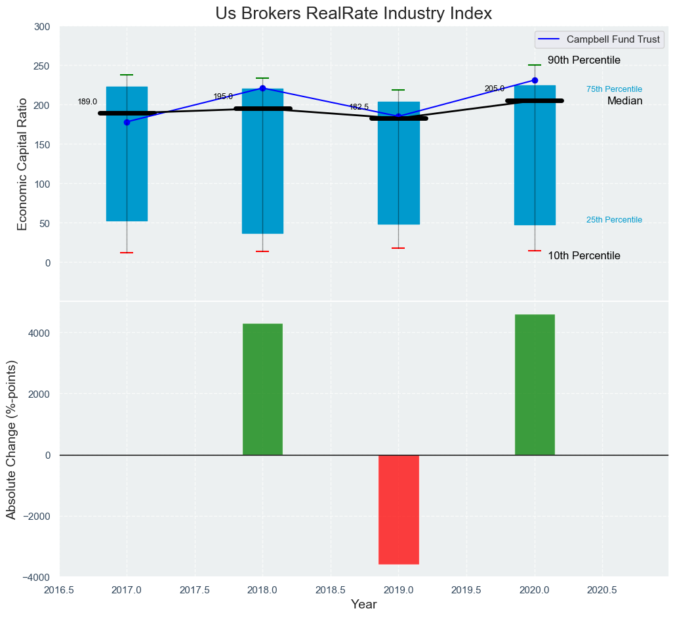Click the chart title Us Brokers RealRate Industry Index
pos(354,14)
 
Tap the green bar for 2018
pos(262,389)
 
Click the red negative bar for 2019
pos(398,509)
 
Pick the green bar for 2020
pos(535,385)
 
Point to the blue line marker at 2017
pos(127,122)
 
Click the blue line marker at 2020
pos(535,80)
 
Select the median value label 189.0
pos(87,102)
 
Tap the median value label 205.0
pos(495,89)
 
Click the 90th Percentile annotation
pos(584,60)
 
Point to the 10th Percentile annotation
pos(584,256)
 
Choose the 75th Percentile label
pos(614,89)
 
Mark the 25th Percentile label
pos(614,220)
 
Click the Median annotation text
pos(624,101)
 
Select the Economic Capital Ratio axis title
pos(23,164)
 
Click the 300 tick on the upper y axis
pos(42,27)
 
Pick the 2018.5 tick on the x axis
pos(331,590)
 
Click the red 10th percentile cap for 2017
pos(127,253)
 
